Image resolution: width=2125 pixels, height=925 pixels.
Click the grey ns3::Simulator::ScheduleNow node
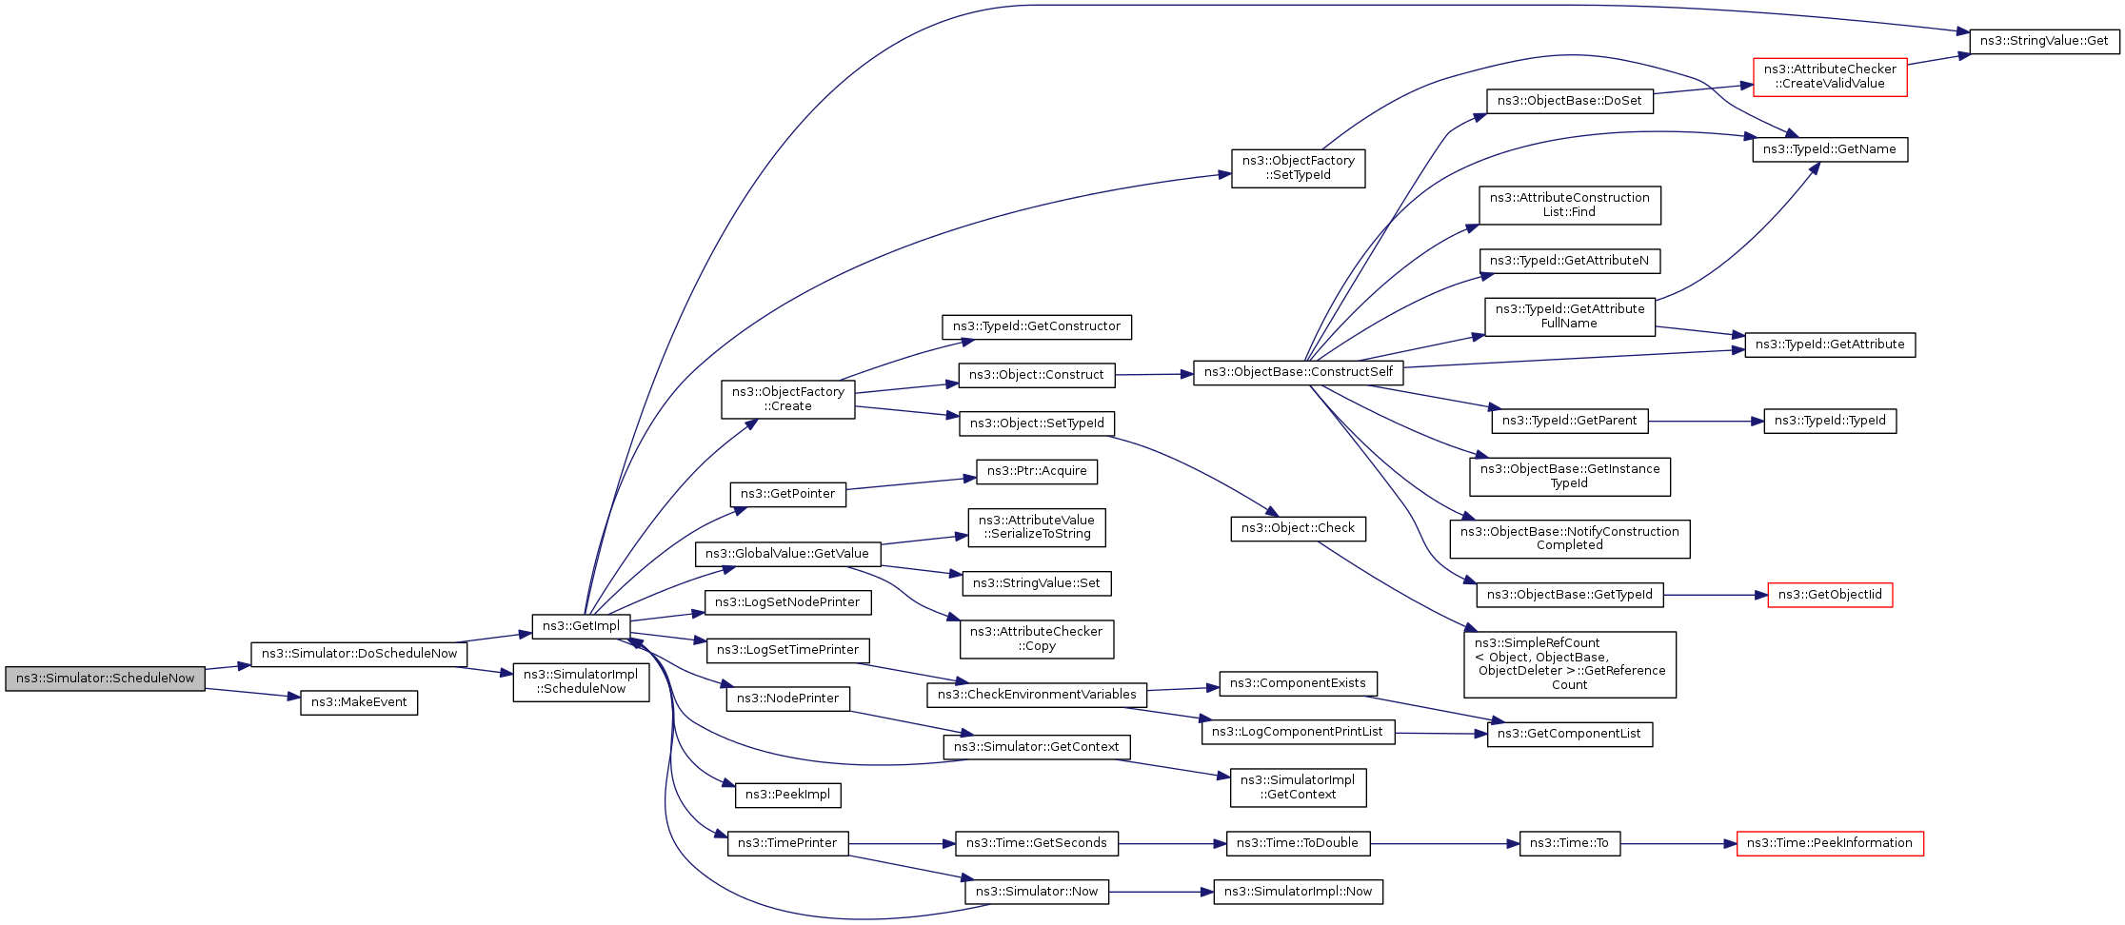tap(105, 679)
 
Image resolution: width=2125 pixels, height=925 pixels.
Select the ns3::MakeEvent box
tap(359, 702)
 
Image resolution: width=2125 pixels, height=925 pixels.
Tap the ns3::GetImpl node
tap(581, 626)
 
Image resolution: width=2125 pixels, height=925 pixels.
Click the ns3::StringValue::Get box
tap(2044, 41)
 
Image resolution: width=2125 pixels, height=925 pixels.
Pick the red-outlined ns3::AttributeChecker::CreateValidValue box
tap(1830, 76)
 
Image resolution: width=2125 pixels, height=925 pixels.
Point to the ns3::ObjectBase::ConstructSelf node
tap(1298, 372)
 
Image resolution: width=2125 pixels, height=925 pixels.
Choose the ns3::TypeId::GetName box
tap(1829, 149)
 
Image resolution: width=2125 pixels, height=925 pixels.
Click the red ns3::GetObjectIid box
tap(1830, 595)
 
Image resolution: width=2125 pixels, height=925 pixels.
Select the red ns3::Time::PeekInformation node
tap(1829, 843)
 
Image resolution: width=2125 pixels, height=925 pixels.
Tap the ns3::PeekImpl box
tap(787, 795)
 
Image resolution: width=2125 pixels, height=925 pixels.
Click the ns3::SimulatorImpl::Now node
tap(1298, 892)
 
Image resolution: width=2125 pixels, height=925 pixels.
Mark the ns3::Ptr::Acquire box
tap(1037, 471)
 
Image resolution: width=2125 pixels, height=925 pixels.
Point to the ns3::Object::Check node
tap(1298, 528)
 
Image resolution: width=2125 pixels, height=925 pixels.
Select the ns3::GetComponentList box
tap(1569, 734)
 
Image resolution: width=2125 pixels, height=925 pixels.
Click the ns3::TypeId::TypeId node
tap(1830, 421)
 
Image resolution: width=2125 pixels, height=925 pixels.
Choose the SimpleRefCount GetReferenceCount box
tap(1569, 664)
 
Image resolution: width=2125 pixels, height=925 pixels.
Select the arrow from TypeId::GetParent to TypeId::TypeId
tap(1704, 421)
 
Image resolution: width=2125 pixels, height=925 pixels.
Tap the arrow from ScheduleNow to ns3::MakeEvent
tap(252, 693)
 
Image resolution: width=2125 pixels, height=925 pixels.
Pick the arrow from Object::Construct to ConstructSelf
tap(1153, 375)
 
